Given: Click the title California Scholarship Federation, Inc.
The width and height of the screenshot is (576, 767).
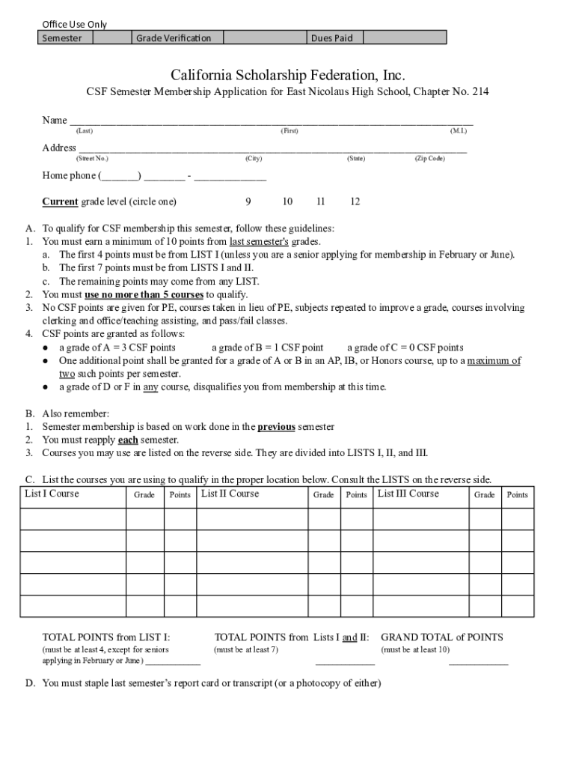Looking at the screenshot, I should tap(288, 75).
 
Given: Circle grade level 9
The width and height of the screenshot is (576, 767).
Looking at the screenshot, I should tap(248, 201).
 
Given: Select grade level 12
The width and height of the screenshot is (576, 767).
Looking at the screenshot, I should tap(355, 201).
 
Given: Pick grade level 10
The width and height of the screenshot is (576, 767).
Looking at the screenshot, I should tap(287, 201).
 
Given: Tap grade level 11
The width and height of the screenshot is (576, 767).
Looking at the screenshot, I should tap(320, 201).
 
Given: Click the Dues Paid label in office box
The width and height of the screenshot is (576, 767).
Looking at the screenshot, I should tap(331, 38).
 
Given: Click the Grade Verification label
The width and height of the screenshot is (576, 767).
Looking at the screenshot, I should tap(174, 38).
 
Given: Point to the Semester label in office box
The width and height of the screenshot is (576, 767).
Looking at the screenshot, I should tap(62, 38).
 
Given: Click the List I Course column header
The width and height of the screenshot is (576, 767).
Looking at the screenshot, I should tap(52, 494).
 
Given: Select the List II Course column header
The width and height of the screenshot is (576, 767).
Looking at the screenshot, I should tap(230, 494).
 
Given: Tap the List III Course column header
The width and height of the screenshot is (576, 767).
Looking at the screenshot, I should tap(408, 494).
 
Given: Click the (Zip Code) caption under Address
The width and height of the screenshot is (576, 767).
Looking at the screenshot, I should tap(429, 159).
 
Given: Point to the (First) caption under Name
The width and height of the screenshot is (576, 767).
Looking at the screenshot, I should tap(289, 131).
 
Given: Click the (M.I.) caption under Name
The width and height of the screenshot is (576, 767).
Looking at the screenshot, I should tap(459, 131).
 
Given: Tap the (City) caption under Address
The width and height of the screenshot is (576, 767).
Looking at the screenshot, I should tap(254, 159).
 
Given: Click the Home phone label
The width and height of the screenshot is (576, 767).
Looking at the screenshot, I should tap(69, 176).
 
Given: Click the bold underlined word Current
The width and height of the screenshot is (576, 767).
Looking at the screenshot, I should tap(60, 201).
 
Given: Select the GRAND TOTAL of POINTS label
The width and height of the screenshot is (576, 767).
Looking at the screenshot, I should tap(442, 637).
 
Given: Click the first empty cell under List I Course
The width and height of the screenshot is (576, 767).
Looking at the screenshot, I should tap(73, 519).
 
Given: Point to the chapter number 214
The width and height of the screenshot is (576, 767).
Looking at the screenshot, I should tap(480, 92).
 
